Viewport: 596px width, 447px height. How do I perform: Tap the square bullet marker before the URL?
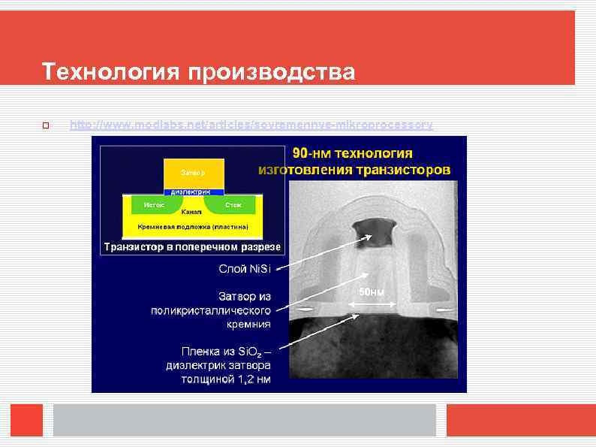coord(46,125)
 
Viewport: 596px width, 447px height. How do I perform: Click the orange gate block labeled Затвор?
coord(193,173)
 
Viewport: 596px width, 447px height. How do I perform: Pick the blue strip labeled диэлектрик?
coord(193,192)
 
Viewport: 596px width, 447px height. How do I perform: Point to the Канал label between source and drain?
coord(193,211)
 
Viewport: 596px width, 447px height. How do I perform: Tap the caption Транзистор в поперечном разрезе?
coord(192,246)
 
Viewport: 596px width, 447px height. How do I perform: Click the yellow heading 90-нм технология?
coord(363,153)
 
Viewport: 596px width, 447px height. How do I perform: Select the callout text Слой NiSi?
coord(244,268)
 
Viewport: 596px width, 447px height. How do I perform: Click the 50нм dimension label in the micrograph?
coord(373,291)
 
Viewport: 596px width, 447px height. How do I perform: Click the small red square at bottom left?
coord(26,420)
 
